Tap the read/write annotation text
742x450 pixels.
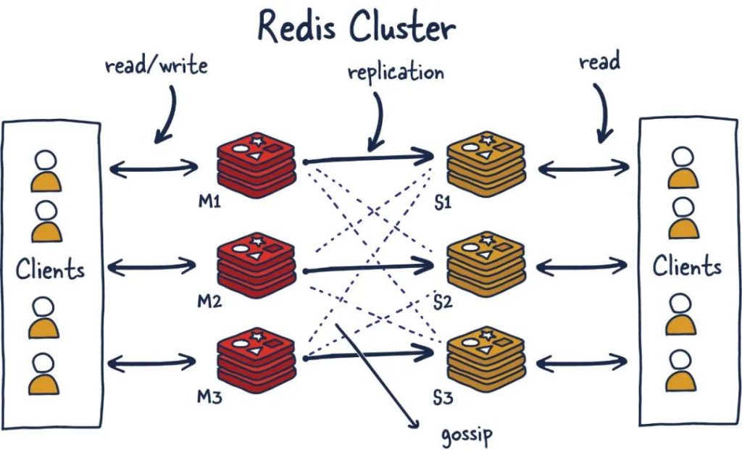(156, 66)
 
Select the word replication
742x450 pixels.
(395, 72)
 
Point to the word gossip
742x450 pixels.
(467, 436)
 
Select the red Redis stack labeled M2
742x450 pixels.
(257, 264)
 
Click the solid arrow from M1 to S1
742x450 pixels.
(370, 156)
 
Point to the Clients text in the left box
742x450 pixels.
(50, 270)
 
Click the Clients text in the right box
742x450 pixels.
(687, 266)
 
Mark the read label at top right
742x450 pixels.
(599, 62)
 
